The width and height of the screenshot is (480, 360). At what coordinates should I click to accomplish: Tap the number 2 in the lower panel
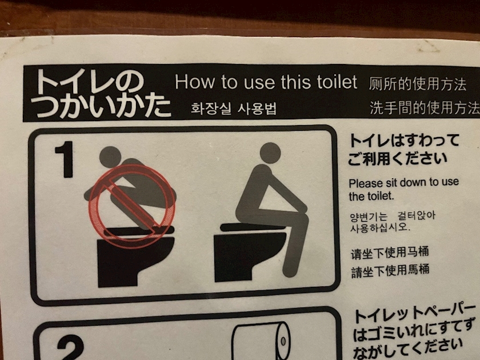(x=70, y=348)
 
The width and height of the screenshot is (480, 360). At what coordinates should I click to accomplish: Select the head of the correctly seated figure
(x=270, y=153)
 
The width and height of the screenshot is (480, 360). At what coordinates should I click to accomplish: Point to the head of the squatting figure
(x=110, y=157)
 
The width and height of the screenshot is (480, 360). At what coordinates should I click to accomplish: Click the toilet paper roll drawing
(x=261, y=341)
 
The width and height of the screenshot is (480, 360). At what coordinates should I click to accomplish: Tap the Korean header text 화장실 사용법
(x=234, y=109)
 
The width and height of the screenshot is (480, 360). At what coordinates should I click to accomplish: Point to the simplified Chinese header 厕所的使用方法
(x=418, y=84)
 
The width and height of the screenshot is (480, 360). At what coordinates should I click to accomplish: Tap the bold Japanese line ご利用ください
(x=397, y=159)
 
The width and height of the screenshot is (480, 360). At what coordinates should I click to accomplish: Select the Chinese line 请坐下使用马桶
(x=389, y=253)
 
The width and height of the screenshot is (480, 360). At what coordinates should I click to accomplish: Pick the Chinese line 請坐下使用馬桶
(x=390, y=271)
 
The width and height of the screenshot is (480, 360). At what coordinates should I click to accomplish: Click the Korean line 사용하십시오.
(x=380, y=228)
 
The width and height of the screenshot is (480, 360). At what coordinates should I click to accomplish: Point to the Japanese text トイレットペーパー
(x=415, y=314)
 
